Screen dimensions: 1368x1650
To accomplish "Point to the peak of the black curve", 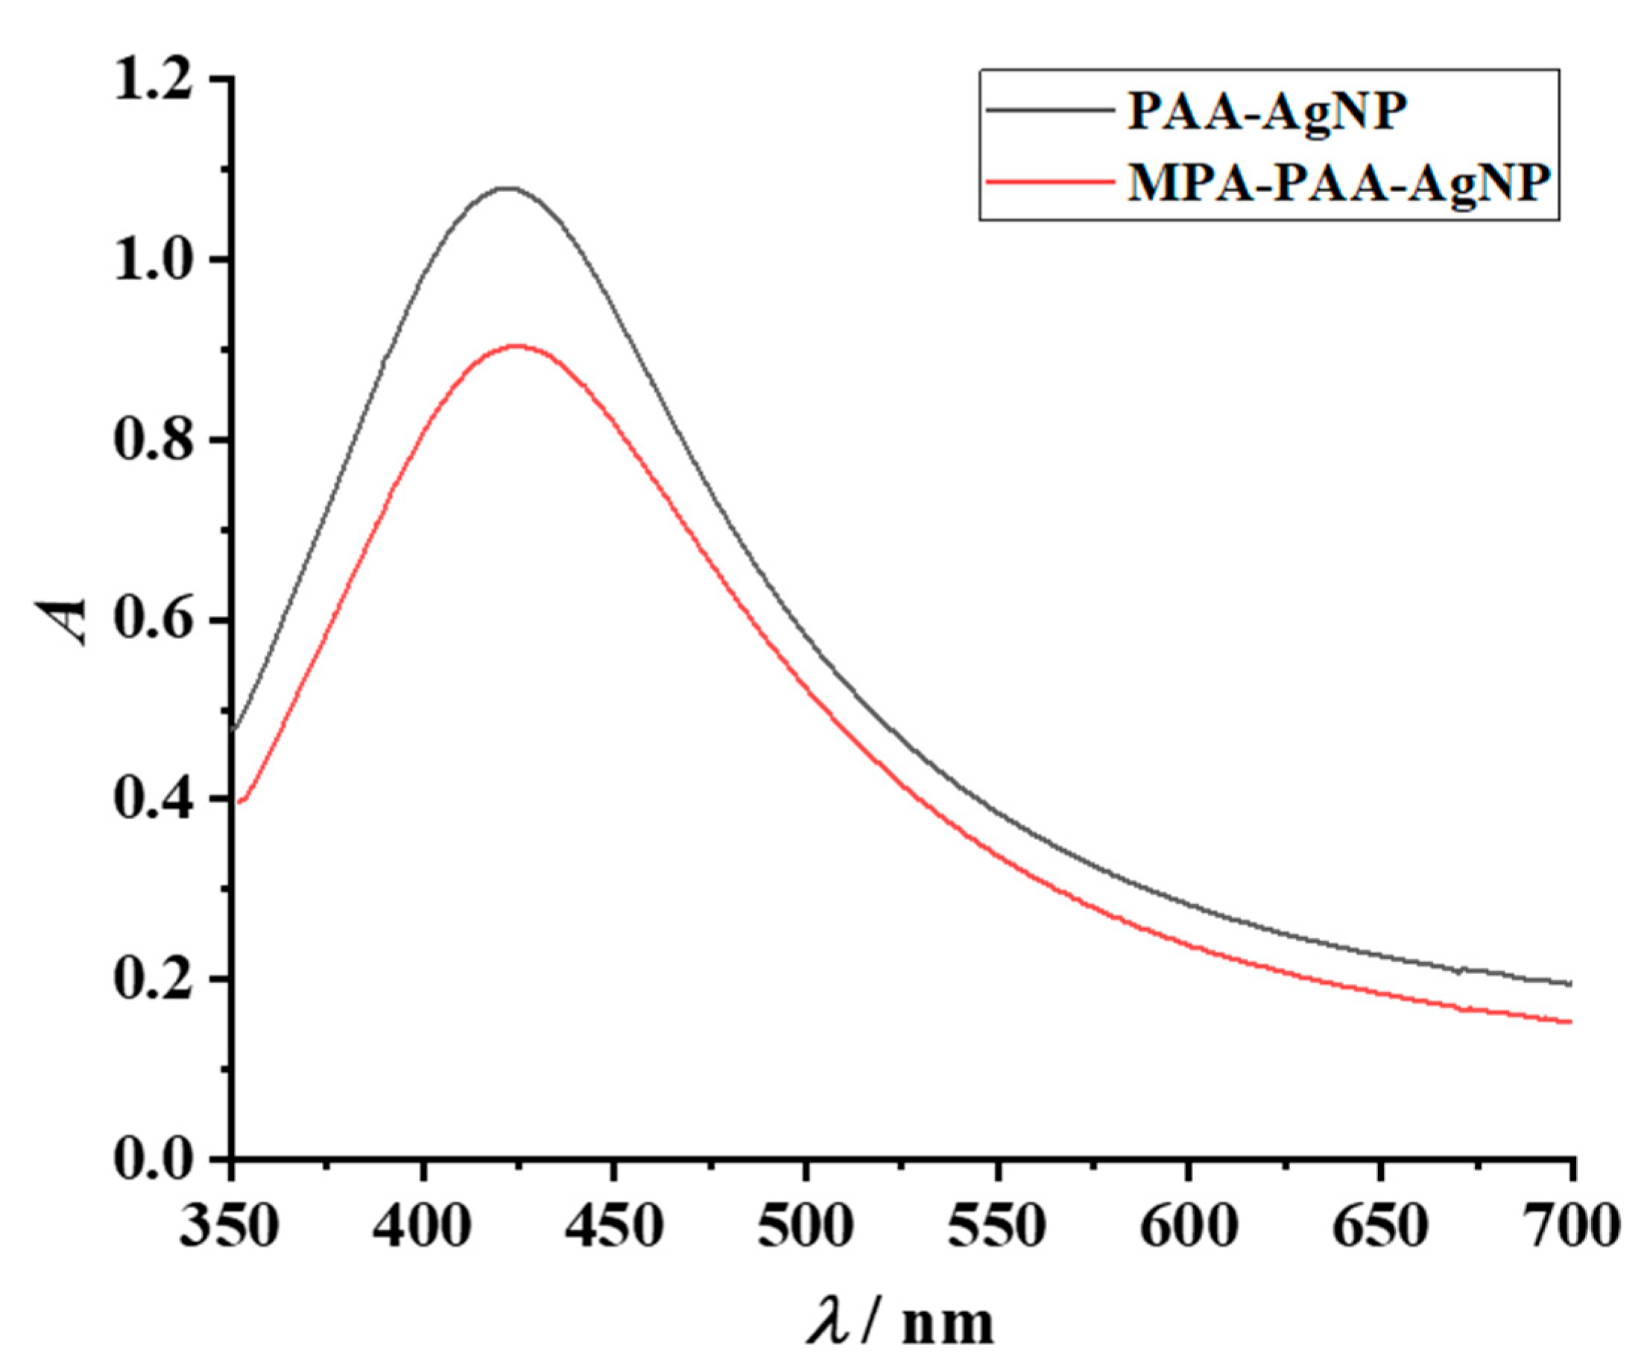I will (x=509, y=188).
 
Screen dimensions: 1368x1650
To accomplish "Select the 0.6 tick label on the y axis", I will (x=154, y=620).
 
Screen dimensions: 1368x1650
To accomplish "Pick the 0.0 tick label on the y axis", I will (x=154, y=1159).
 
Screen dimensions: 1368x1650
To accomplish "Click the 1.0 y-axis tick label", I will (x=154, y=261).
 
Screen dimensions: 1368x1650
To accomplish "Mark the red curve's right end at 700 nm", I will (x=1569, y=1022).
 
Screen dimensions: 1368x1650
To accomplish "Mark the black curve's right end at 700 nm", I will (x=1569, y=983).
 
